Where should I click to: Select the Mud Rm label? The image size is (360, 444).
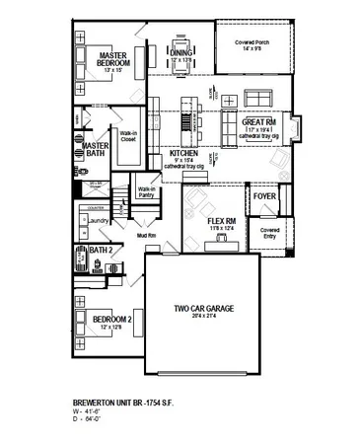tap(147, 237)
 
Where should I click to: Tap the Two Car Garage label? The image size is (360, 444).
tap(202, 309)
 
